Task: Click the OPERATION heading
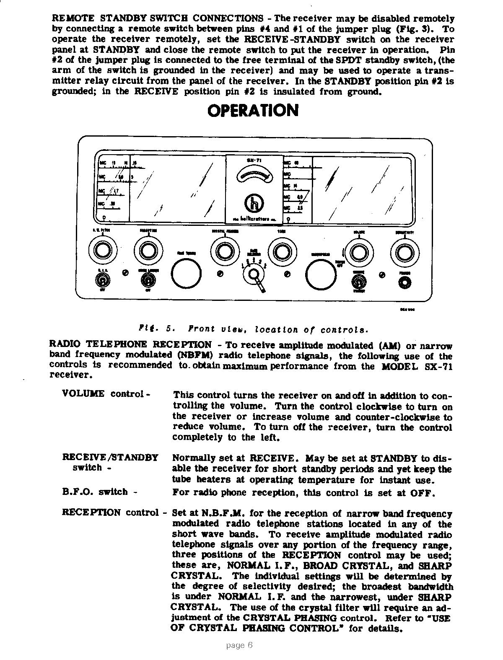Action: click(253, 111)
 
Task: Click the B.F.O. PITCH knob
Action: click(101, 251)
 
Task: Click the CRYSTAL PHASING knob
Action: click(223, 251)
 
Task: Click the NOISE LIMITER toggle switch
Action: click(147, 280)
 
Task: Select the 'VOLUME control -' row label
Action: click(106, 394)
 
